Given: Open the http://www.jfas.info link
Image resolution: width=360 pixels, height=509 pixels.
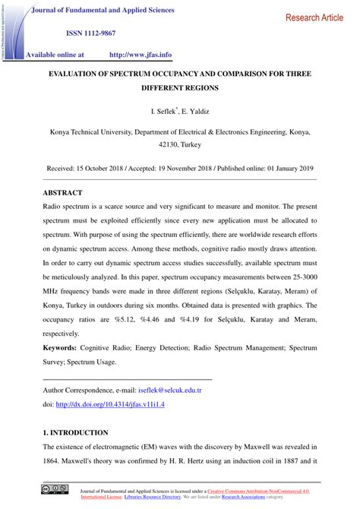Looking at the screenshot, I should [x=141, y=55].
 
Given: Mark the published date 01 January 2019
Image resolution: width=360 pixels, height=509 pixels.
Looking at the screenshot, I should [x=291, y=168].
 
